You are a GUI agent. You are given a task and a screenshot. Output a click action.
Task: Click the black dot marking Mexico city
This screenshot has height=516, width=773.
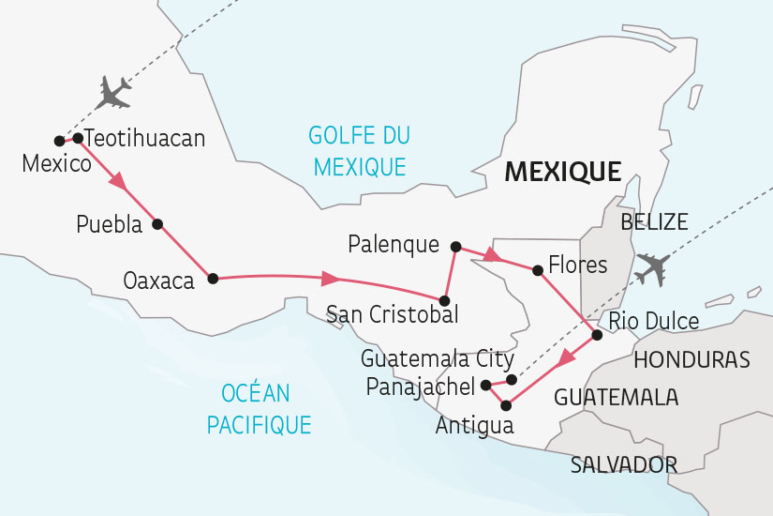[59, 141]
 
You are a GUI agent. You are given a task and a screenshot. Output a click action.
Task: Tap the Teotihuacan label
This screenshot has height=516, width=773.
[144, 139]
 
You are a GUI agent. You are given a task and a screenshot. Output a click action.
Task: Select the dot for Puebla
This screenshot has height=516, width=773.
[157, 224]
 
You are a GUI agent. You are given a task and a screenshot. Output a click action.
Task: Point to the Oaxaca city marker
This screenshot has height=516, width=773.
[213, 278]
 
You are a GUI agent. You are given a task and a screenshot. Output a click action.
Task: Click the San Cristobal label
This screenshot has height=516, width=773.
[392, 313]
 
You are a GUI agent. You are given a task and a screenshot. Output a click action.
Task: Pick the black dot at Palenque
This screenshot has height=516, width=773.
[456, 247]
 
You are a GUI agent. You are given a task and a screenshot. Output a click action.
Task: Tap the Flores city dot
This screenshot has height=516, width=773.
[537, 270]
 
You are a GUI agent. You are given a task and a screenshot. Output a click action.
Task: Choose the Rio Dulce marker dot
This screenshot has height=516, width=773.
[597, 335]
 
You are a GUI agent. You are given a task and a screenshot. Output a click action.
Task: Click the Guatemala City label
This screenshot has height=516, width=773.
[438, 358]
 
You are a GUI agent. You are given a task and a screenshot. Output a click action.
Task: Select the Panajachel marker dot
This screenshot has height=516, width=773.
[485, 385]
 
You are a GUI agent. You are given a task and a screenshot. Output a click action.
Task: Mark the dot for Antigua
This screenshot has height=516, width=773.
[507, 405]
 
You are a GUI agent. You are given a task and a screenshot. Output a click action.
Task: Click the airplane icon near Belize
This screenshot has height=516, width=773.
[653, 269]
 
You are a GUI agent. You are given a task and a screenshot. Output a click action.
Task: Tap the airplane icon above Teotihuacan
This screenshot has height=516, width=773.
[114, 92]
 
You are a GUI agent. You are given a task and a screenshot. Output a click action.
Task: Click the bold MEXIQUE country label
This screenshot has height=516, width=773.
[562, 172]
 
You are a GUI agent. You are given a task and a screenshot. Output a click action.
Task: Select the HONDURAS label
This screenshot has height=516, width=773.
[691, 359]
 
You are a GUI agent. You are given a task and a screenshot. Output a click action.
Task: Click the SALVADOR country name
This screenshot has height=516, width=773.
[624, 464]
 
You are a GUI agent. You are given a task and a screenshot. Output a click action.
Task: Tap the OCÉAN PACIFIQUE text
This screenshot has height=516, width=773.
[259, 408]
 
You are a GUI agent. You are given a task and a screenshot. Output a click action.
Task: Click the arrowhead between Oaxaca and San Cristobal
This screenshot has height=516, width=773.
[330, 278]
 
